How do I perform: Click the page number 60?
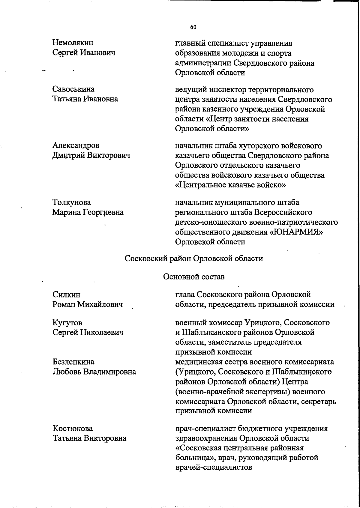click(x=193, y=27)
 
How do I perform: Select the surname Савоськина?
click(x=73, y=89)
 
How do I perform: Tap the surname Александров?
click(x=76, y=145)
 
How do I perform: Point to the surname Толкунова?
click(x=72, y=202)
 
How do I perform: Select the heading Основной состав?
click(x=194, y=276)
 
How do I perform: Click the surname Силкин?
click(x=66, y=294)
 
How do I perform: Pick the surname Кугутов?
click(x=67, y=323)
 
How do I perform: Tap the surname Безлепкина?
click(x=73, y=362)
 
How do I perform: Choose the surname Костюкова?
click(x=73, y=428)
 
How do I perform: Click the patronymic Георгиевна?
click(x=103, y=212)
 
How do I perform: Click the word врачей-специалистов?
click(x=213, y=467)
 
